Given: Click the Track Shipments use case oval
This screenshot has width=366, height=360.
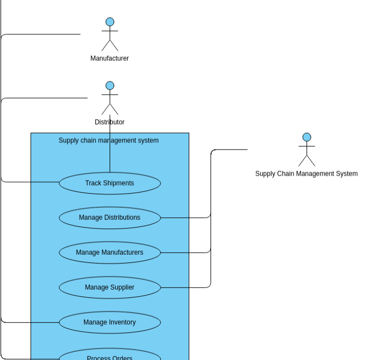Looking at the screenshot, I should (x=110, y=183).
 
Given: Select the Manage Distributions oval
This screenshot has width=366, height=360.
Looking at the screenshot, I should (x=110, y=218).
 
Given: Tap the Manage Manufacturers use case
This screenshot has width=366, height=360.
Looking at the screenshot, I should (x=110, y=253).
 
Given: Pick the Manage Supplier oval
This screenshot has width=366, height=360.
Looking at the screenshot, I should (x=110, y=287).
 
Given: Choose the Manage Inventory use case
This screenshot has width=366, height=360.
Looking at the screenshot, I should (x=110, y=322).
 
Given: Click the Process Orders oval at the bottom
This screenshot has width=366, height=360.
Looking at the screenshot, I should (x=110, y=356).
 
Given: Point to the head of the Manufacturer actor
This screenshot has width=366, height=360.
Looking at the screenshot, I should (x=110, y=22).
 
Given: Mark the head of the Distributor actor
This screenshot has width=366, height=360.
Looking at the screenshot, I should (x=110, y=86).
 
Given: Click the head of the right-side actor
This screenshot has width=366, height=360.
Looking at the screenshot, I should (x=307, y=137).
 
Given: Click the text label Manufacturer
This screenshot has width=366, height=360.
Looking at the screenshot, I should (x=110, y=58).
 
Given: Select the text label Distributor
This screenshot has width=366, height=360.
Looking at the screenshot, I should (x=110, y=122).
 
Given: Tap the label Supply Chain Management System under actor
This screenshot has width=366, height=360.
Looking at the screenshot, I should (x=307, y=173).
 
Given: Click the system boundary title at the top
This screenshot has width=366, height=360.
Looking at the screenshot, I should (x=109, y=140).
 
